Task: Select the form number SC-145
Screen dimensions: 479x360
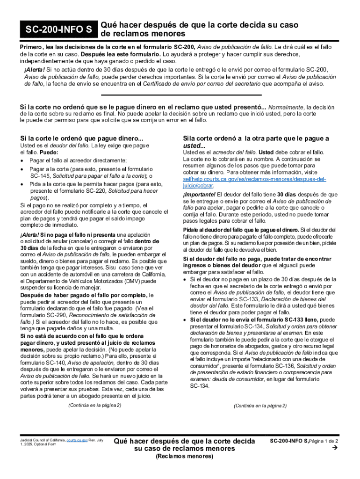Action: click(x=39, y=175)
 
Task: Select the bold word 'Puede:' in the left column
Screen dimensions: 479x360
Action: click(x=49, y=152)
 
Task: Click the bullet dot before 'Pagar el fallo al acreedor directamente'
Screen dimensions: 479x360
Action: click(x=23, y=160)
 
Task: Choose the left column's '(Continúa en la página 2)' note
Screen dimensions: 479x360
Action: click(x=94, y=405)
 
